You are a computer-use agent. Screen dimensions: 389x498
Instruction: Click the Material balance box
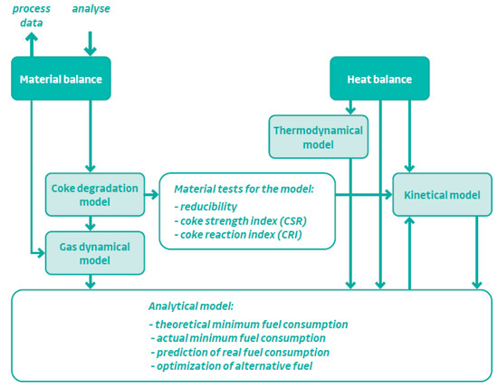61,78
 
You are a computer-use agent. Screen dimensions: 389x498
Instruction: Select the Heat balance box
378,79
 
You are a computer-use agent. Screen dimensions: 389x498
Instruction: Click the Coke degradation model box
89,195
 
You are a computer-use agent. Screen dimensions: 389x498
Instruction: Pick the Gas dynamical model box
89,253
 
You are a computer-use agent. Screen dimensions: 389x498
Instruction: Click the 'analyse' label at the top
91,8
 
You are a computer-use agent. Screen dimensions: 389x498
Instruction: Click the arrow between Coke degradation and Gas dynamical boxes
90,224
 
